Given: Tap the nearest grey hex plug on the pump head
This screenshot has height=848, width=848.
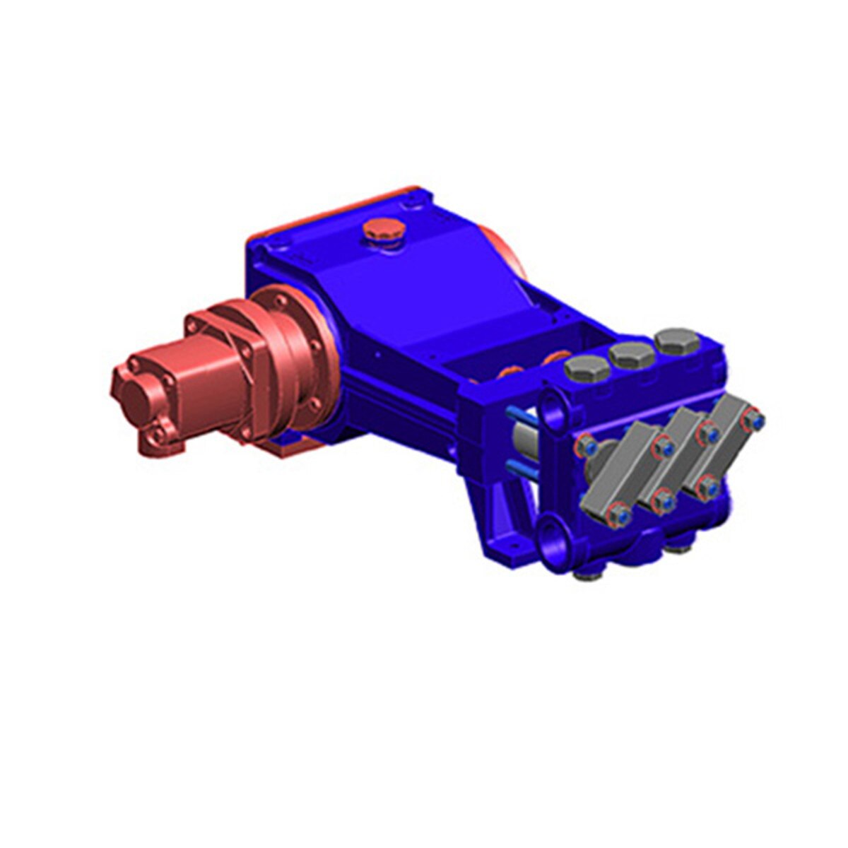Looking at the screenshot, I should click(587, 367).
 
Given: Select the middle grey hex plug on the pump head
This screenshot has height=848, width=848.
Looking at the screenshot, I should click(631, 353).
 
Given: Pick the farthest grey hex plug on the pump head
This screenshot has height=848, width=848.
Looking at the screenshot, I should click(677, 340).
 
